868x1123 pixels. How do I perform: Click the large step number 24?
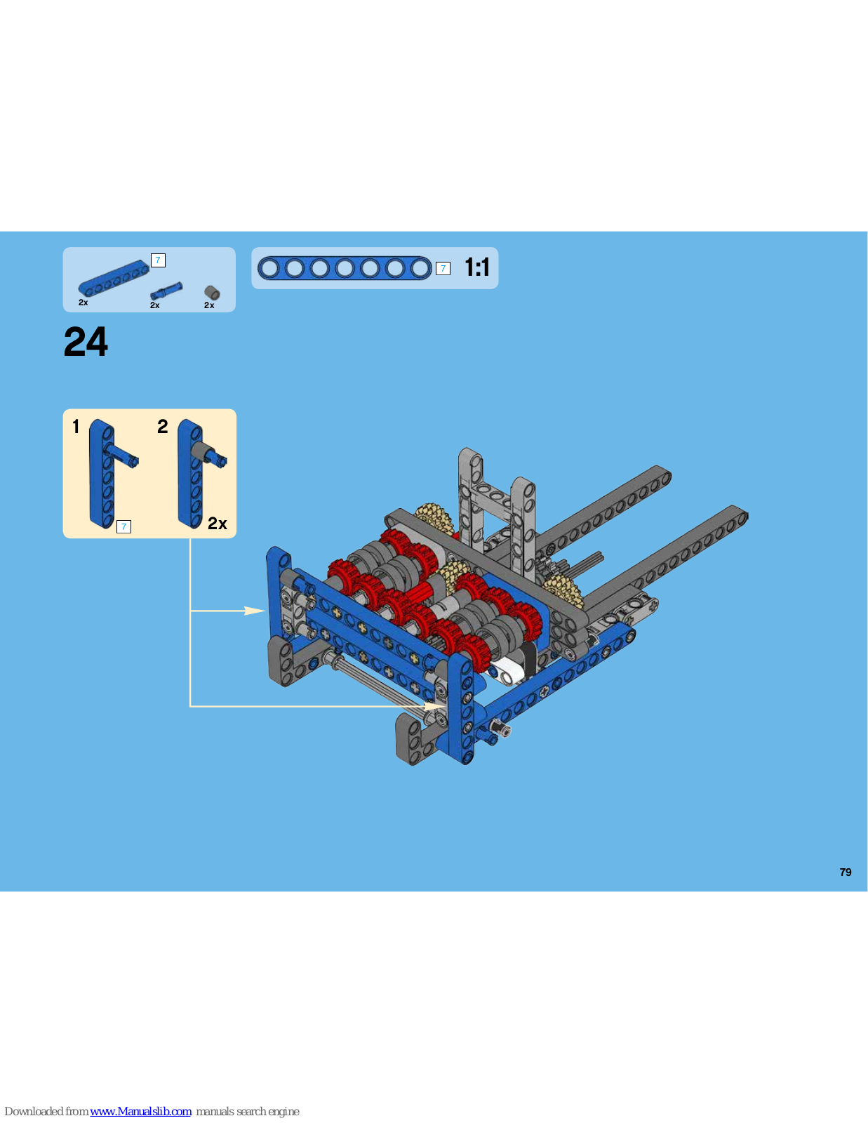click(x=86, y=342)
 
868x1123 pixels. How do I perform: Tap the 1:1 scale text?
click(x=477, y=267)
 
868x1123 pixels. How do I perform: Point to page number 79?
click(x=846, y=872)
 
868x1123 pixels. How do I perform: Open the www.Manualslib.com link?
click(x=140, y=1111)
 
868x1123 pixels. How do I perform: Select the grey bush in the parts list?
click(x=212, y=293)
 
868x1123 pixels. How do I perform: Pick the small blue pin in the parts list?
click(x=166, y=291)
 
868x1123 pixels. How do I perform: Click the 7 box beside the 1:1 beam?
click(x=443, y=268)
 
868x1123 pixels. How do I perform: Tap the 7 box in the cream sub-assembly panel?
click(x=123, y=526)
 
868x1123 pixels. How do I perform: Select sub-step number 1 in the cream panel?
click(x=76, y=426)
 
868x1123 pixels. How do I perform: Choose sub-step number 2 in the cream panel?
click(x=163, y=426)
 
